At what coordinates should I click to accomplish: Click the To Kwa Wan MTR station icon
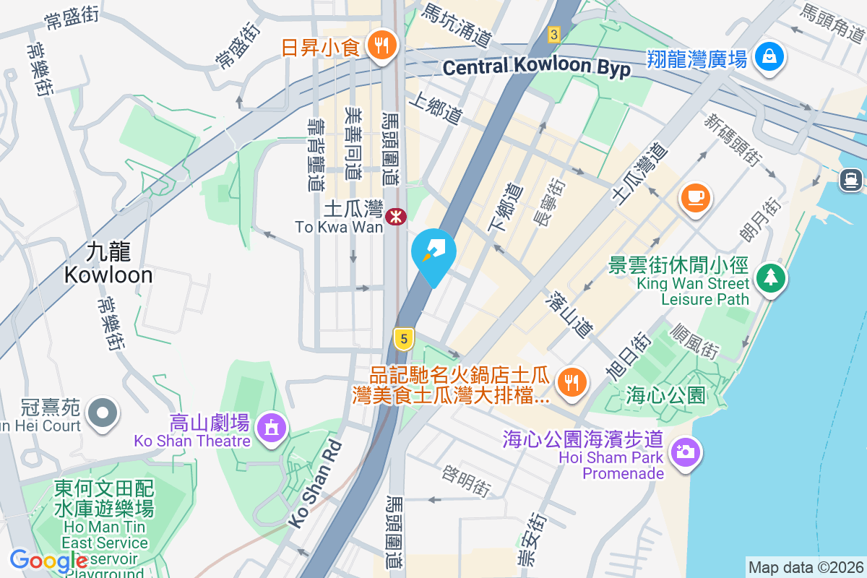tap(395, 216)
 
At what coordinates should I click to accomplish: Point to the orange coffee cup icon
tap(696, 197)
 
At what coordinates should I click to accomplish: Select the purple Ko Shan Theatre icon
tap(271, 428)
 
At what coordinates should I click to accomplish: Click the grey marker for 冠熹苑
tap(102, 413)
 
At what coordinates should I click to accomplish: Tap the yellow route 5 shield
tap(404, 337)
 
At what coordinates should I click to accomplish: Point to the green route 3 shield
tap(553, 34)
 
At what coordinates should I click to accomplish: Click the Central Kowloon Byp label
tap(536, 68)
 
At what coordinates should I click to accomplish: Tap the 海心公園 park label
tap(665, 394)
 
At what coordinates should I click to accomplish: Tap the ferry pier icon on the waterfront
tap(852, 180)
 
